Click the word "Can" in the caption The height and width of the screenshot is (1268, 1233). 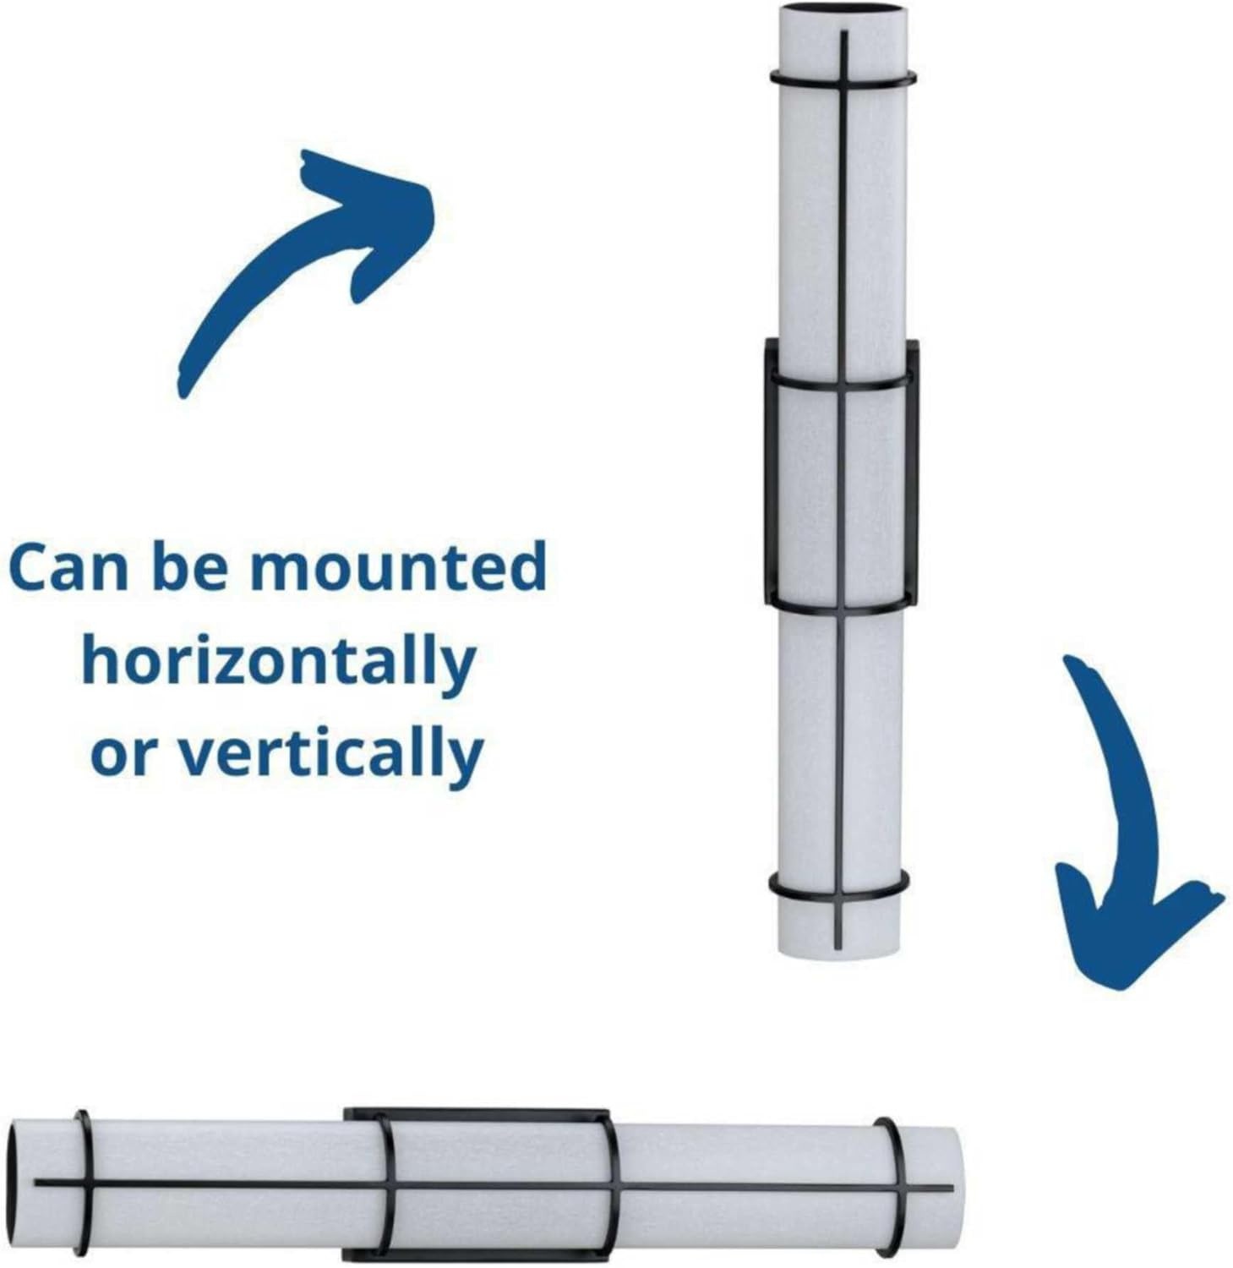pyautogui.click(x=70, y=567)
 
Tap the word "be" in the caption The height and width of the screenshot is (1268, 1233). pyautogui.click(x=190, y=567)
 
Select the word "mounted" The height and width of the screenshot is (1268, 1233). pyautogui.click(x=399, y=567)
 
